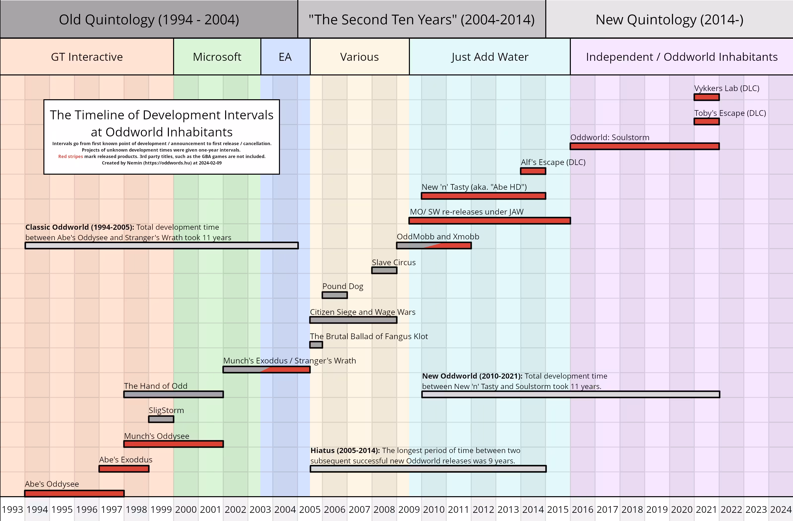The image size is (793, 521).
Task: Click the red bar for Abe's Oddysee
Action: (x=74, y=493)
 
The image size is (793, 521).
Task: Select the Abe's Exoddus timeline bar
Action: (x=124, y=469)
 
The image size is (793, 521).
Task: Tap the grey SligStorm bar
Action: (x=161, y=419)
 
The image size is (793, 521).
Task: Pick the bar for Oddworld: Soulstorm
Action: (x=644, y=146)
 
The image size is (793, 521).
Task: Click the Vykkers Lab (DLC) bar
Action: (x=706, y=97)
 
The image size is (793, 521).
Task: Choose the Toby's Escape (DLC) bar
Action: (x=706, y=122)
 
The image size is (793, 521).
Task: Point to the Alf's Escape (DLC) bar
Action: (x=533, y=171)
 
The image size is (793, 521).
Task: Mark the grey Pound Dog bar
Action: (x=335, y=295)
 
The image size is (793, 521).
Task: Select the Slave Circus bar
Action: (x=384, y=270)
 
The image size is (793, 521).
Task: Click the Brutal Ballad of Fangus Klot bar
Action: (x=316, y=345)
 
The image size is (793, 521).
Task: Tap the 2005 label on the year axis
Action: (x=309, y=509)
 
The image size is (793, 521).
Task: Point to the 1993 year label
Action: (x=12, y=509)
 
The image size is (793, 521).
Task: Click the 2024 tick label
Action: (x=781, y=509)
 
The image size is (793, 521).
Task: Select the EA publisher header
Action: (x=285, y=57)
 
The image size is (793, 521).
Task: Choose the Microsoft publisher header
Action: (x=217, y=57)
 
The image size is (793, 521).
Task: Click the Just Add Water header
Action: (x=489, y=57)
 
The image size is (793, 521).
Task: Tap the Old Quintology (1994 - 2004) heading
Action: (x=149, y=20)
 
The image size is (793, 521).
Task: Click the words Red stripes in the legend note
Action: (x=70, y=156)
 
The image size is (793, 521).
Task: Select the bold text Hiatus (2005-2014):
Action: (x=345, y=450)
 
